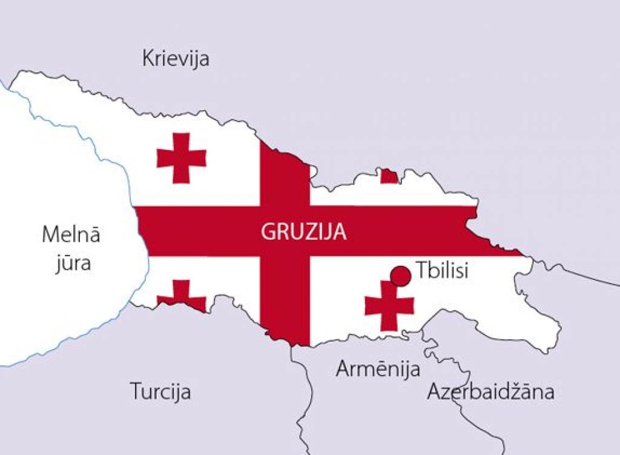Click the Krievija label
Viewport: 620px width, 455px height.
(176, 59)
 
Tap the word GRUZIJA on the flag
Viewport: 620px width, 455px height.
(303, 231)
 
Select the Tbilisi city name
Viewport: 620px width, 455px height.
(443, 270)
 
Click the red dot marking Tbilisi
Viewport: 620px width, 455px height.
(400, 276)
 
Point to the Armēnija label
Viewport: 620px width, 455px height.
(378, 368)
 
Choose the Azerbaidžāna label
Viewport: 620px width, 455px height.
(490, 392)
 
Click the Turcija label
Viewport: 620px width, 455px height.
(160, 391)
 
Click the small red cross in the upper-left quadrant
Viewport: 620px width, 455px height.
(181, 158)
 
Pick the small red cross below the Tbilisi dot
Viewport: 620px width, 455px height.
(389, 305)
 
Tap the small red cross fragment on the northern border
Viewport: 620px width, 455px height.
(389, 176)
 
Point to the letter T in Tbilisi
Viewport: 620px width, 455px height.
(422, 270)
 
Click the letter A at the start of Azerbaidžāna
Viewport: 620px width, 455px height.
(434, 392)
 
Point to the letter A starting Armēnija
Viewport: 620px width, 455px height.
(343, 368)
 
